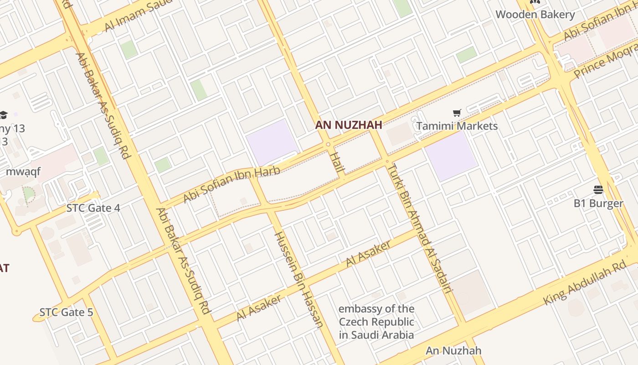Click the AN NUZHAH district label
coord(348,125)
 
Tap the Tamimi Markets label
coord(457,126)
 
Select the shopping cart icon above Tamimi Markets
coord(457,113)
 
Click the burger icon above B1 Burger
coord(598,190)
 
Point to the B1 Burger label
coord(598,203)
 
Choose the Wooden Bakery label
coord(535,15)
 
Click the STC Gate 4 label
coord(93,208)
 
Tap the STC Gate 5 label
coord(66,313)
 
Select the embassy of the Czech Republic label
coord(376,322)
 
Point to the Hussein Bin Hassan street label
coord(299,279)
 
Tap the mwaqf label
coord(23,172)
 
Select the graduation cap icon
coord(4,115)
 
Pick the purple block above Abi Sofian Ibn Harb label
coord(272,141)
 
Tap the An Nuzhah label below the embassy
coord(453,351)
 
